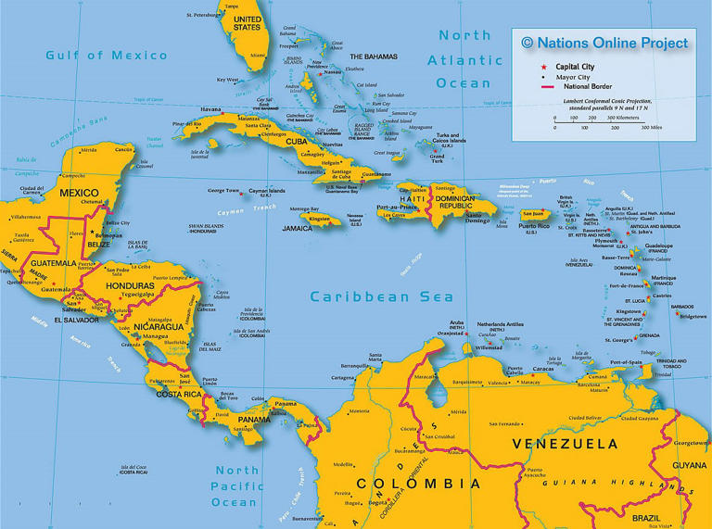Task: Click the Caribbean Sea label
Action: point(382,297)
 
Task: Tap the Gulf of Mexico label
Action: point(107,56)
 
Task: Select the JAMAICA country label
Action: point(298,228)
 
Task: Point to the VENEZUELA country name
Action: point(566,445)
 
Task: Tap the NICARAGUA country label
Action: point(145,327)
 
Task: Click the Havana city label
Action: point(211,109)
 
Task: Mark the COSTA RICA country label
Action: point(179,395)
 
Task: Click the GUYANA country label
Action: point(688,465)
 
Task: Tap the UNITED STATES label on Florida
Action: point(247,22)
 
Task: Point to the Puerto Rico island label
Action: point(532,226)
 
